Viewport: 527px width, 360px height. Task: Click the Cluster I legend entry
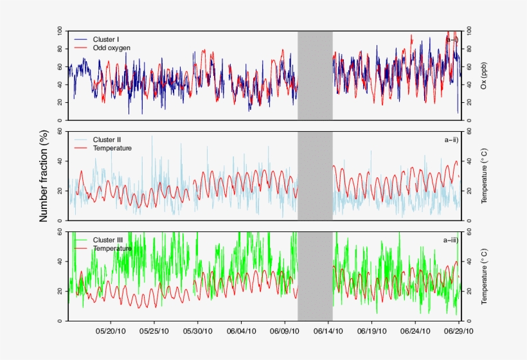(x=107, y=39)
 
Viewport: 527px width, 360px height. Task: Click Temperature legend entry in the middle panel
(x=112, y=148)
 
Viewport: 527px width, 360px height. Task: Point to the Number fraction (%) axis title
(x=44, y=175)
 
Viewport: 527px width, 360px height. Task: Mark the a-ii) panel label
(x=451, y=139)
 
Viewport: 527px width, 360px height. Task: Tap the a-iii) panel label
(x=450, y=240)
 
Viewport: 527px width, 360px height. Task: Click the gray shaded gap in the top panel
(x=315, y=75)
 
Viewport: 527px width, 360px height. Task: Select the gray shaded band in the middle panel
(x=315, y=175)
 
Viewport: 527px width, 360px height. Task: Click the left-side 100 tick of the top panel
(x=59, y=31)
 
